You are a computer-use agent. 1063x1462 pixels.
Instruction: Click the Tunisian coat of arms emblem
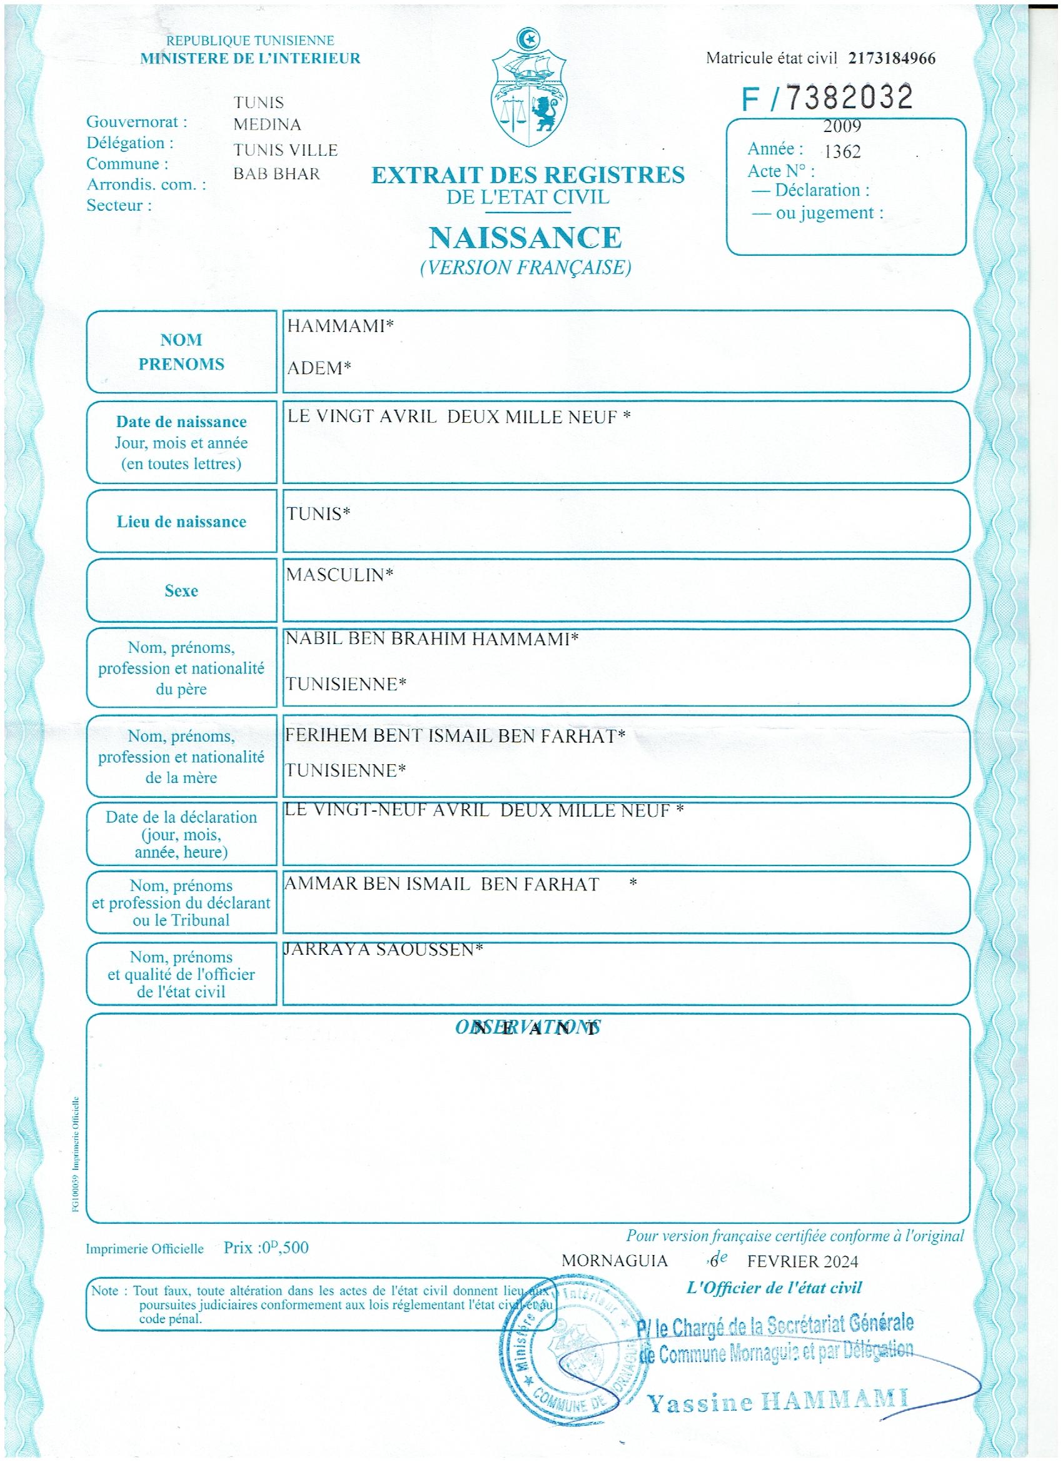coord(529,89)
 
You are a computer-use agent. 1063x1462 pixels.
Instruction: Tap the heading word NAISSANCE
coord(525,238)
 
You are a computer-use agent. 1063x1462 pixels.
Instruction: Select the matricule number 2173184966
coord(892,59)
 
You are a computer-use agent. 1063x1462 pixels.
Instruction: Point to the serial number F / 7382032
coord(828,98)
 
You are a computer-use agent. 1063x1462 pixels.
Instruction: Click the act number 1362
coord(842,152)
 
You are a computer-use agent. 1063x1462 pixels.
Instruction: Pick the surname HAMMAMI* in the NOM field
coord(340,327)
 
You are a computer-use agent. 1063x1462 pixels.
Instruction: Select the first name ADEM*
coord(319,368)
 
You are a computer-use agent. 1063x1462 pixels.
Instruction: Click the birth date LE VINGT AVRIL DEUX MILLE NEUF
coord(458,417)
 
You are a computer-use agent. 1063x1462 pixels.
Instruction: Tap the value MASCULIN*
coord(339,574)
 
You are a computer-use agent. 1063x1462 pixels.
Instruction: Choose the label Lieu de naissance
coord(181,522)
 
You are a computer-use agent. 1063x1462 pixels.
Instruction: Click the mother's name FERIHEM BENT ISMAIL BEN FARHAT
coord(455,735)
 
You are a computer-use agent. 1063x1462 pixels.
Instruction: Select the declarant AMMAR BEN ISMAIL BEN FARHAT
coord(442,884)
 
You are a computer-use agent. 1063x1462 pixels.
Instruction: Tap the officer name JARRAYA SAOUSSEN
coord(383,949)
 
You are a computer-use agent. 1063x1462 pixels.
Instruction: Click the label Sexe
coord(181,590)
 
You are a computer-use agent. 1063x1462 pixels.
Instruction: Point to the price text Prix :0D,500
coord(266,1247)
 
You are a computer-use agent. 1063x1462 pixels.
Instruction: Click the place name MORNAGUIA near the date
coord(614,1261)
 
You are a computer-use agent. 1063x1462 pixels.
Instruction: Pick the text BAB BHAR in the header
coord(276,174)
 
